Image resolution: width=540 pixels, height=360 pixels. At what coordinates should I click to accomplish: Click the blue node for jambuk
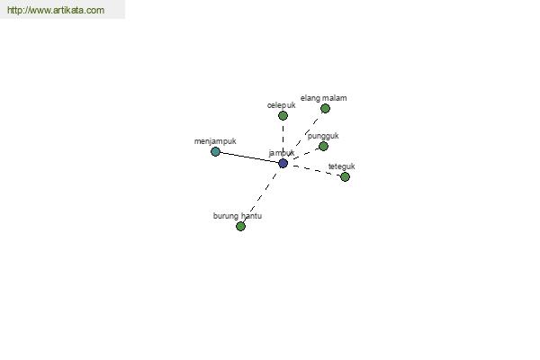283,163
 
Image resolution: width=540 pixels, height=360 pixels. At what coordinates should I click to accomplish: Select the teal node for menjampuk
215,151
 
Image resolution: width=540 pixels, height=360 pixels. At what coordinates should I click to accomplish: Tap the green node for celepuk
283,116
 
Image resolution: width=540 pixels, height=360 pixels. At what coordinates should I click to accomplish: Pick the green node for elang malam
325,109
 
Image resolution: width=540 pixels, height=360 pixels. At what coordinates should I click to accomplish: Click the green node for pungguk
323,147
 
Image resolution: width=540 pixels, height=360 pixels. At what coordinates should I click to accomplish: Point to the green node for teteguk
345,176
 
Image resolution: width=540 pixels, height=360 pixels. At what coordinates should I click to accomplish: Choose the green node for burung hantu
240,226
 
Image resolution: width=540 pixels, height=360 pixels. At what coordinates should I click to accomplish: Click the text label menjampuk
215,141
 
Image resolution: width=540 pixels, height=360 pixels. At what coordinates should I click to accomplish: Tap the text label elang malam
324,98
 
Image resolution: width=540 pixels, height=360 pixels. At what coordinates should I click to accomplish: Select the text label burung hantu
238,216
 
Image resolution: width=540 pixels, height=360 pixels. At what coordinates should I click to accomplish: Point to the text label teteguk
342,166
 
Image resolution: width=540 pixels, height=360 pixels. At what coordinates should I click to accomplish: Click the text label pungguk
323,136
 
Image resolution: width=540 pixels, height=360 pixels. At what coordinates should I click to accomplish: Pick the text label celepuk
282,105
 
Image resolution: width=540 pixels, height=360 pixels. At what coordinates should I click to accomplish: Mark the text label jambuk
282,153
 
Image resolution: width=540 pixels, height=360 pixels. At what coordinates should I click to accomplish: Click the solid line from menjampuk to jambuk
249,157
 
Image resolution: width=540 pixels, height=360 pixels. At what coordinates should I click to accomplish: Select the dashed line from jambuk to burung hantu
262,195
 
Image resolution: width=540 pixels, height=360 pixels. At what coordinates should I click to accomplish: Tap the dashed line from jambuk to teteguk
314,170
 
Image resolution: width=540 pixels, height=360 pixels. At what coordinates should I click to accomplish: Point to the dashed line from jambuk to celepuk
283,139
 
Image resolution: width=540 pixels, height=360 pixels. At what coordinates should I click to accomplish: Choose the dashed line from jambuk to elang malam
304,136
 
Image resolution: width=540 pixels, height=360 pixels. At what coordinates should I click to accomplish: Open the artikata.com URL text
56,10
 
